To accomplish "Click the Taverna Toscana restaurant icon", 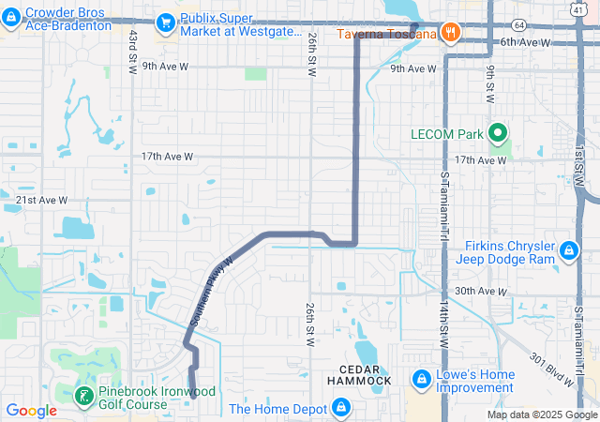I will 451,33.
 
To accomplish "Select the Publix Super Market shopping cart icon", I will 166,21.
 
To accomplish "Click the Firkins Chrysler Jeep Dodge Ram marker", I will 569,250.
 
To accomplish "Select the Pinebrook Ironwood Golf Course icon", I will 84,394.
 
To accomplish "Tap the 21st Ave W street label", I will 42,200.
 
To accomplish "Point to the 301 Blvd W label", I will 550,369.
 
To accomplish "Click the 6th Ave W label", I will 525,42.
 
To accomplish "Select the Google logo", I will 31,410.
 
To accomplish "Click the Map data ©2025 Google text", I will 542,414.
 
